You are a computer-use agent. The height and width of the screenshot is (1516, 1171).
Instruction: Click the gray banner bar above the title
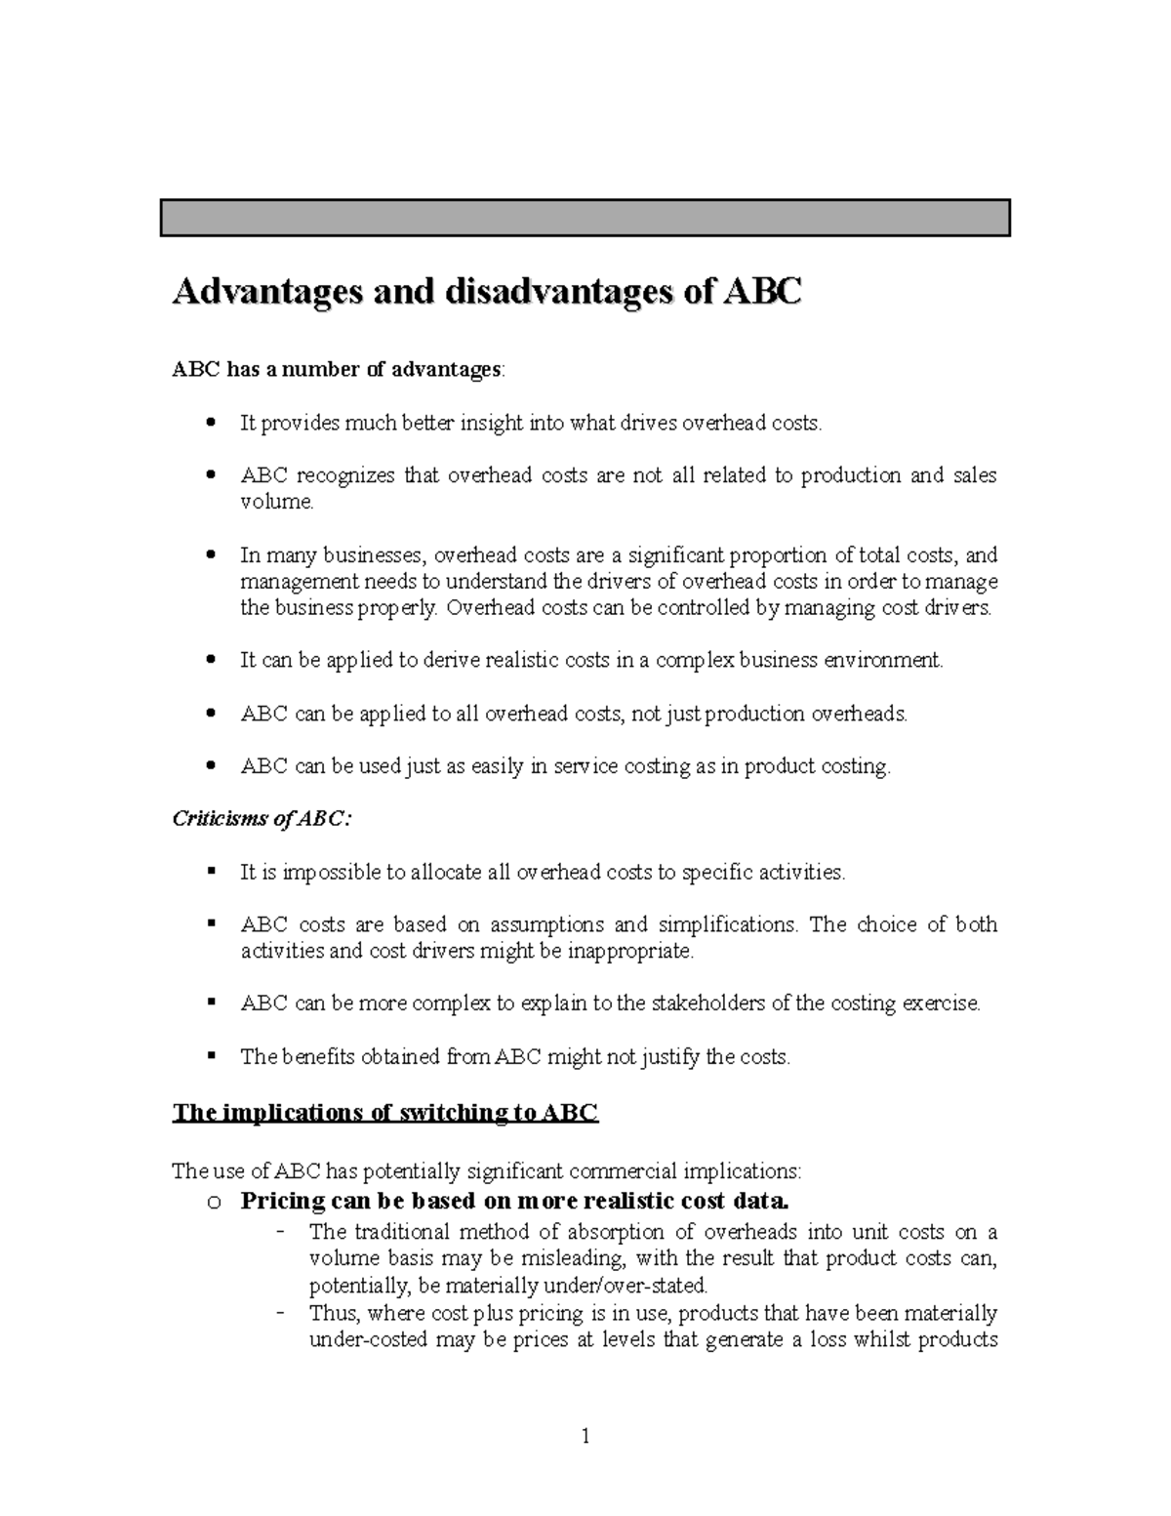tap(585, 218)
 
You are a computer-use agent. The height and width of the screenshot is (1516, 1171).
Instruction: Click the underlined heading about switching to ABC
tap(384, 1113)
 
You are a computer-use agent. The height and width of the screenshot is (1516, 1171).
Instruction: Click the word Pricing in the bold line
tap(283, 1201)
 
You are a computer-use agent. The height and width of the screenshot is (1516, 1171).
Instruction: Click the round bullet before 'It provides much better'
tap(211, 424)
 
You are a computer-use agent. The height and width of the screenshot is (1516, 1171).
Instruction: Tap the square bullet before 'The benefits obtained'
tap(211, 1055)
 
